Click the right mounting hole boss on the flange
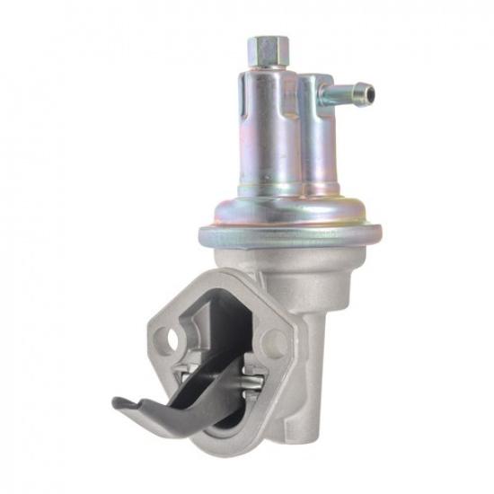276,343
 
